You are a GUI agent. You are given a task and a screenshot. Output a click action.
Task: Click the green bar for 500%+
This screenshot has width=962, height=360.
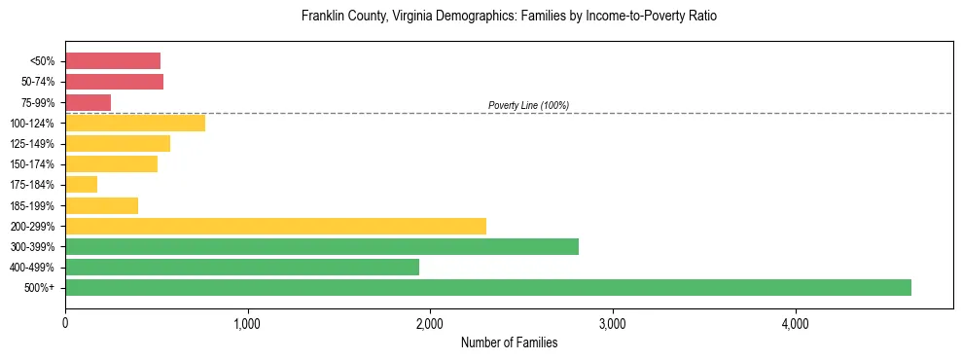click(x=487, y=287)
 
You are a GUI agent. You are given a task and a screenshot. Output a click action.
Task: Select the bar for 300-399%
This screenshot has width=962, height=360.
click(x=321, y=246)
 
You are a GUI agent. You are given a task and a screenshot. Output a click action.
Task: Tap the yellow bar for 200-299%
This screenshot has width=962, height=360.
click(x=275, y=226)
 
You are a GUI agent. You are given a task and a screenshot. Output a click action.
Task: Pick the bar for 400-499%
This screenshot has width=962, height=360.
click(x=241, y=267)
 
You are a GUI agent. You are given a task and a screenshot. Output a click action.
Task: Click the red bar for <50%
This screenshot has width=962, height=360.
click(x=112, y=61)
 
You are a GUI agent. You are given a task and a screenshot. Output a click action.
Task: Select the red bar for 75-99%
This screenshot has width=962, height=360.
click(x=88, y=102)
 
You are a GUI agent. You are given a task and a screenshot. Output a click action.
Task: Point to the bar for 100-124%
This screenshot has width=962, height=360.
click(x=134, y=123)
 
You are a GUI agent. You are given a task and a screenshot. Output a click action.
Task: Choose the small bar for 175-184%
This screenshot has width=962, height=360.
click(x=81, y=185)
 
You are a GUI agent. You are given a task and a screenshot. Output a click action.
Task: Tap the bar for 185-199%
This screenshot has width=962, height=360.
click(x=101, y=205)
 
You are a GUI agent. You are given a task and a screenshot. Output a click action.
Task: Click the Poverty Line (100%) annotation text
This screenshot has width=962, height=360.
click(x=528, y=105)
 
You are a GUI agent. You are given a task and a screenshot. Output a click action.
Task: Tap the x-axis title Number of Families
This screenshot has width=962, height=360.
click(x=509, y=342)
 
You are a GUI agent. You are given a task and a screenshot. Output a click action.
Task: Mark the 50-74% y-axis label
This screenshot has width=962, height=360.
click(x=39, y=82)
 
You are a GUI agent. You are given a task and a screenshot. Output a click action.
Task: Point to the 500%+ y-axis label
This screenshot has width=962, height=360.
click(x=42, y=288)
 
